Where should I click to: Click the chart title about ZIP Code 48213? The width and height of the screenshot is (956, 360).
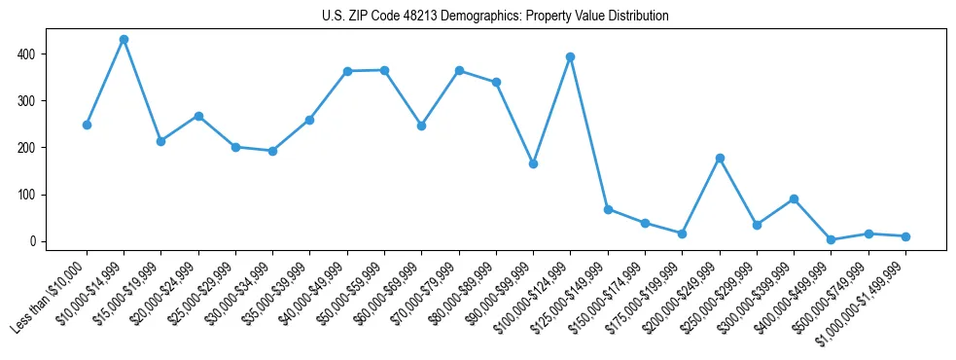pos(495,17)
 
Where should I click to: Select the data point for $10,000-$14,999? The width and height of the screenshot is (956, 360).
pos(124,40)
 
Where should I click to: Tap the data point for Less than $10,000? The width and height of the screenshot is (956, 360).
pos(87,125)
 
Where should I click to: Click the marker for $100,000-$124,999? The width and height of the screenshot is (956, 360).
pos(571,56)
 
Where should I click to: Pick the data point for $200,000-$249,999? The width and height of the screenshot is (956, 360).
pos(720,158)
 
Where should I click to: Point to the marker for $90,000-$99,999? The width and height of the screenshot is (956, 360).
pos(533,163)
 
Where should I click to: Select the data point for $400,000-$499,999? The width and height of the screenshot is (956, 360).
pos(832,239)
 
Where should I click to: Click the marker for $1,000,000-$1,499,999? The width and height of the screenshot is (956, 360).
pos(905,236)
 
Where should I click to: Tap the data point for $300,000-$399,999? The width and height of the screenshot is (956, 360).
pos(795,198)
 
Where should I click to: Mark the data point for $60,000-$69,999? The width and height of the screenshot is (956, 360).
pos(421,126)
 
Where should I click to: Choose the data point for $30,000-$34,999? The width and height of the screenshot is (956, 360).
pos(272,151)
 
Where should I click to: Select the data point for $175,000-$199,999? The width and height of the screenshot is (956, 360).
pos(683,234)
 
